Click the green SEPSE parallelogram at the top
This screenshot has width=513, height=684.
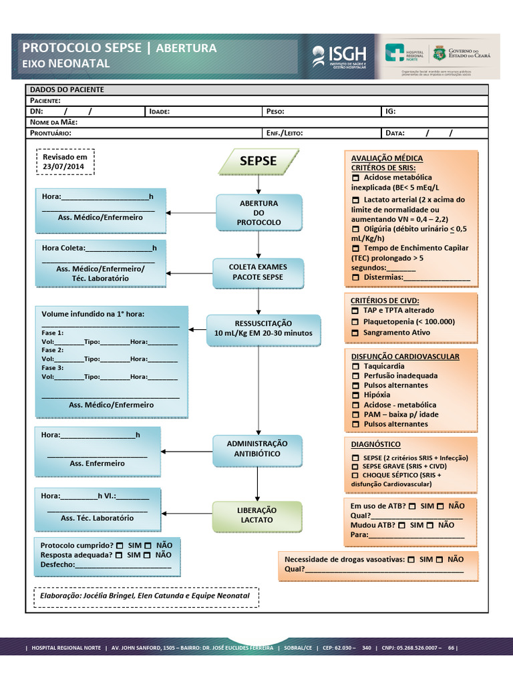259,161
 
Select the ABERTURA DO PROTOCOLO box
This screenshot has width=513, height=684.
259,212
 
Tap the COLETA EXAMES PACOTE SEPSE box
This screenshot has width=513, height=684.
258,273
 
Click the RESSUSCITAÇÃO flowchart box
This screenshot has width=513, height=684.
263,329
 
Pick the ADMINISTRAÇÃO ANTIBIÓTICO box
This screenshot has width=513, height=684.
257,449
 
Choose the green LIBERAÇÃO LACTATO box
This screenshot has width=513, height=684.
257,516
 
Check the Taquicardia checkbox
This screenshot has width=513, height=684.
355,367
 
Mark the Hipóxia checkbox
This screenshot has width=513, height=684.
355,395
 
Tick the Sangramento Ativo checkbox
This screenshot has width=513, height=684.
355,333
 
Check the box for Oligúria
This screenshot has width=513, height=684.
355,229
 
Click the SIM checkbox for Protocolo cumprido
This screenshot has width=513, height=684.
118,546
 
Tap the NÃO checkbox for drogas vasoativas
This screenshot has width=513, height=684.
440,560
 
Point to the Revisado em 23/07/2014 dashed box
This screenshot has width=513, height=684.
65,162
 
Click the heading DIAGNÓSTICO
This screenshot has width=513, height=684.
375,444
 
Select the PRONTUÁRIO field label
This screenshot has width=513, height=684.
51,133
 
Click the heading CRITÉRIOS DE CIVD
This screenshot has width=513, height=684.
385,301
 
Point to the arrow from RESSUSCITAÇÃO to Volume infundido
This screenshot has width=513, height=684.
197,329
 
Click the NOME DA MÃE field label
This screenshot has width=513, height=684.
54,122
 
